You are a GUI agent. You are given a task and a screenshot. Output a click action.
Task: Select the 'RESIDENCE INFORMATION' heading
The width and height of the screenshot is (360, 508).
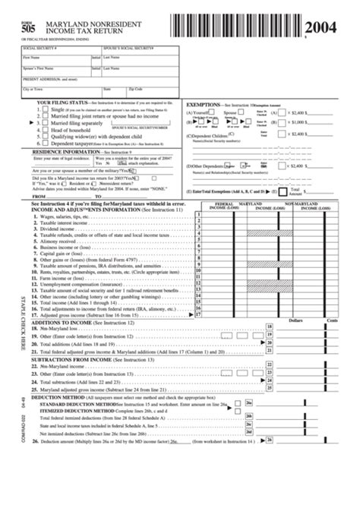click(x=68, y=151)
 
